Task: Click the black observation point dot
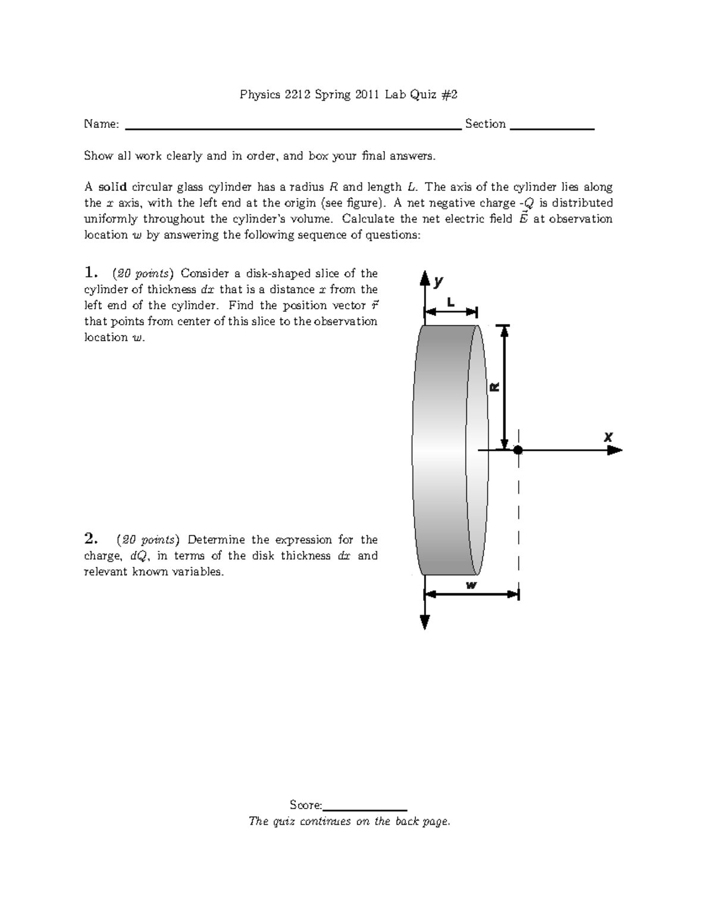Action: (x=518, y=450)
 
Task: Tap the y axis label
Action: (x=439, y=281)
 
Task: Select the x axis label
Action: (x=608, y=437)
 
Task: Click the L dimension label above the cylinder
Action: (x=450, y=302)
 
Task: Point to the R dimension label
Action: (x=494, y=387)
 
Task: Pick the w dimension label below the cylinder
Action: (x=471, y=585)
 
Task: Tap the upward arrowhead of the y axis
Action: (x=425, y=278)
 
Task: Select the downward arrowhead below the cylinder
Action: (x=425, y=622)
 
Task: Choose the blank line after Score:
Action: (x=364, y=810)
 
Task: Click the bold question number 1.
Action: (x=90, y=273)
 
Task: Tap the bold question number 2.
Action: (x=90, y=539)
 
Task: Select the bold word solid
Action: (x=112, y=187)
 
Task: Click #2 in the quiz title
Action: (x=449, y=94)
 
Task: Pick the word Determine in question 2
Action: (x=216, y=540)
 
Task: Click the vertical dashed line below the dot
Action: (x=519, y=524)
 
